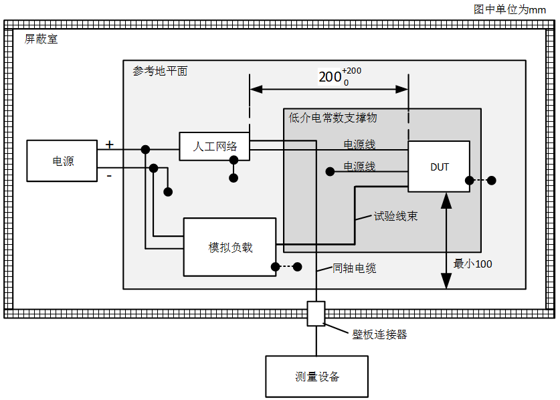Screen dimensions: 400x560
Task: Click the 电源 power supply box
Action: tap(62, 161)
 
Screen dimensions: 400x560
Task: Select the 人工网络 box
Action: tap(214, 146)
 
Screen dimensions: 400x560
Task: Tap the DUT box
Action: tap(439, 167)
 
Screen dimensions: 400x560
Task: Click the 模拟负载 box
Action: tap(229, 247)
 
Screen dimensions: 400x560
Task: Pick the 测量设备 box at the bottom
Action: tap(316, 377)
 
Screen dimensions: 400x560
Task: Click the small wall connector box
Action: tap(316, 313)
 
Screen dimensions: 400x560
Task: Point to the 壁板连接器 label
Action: tap(379, 334)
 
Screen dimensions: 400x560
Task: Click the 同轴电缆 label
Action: tap(355, 268)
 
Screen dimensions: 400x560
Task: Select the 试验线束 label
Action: tap(396, 216)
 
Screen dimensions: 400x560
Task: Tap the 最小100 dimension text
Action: tap(472, 264)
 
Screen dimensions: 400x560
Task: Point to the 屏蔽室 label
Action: tap(41, 39)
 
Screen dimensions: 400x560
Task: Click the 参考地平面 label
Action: tap(160, 71)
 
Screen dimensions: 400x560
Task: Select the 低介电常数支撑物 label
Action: tap(333, 118)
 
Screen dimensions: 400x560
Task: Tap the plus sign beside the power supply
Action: tap(110, 144)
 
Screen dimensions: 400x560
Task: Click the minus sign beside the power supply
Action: tap(109, 176)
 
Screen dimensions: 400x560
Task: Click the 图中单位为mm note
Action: tap(510, 9)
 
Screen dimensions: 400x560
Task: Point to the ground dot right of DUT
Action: tap(491, 180)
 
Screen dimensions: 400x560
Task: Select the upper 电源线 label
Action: tap(359, 144)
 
